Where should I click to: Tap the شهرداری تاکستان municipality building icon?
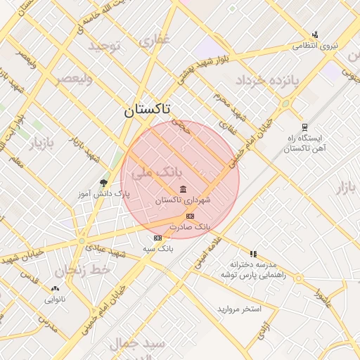click(x=184, y=189)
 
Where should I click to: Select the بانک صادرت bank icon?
click(x=191, y=216)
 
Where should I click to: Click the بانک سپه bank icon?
click(x=157, y=238)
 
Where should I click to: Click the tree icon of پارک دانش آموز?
click(x=105, y=183)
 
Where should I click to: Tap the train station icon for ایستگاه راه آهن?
click(x=304, y=127)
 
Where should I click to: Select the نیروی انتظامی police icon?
click(x=315, y=34)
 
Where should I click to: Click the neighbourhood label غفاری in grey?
click(x=154, y=41)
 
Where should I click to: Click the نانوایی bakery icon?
click(x=56, y=288)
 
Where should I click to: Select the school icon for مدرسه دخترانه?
click(x=253, y=254)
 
